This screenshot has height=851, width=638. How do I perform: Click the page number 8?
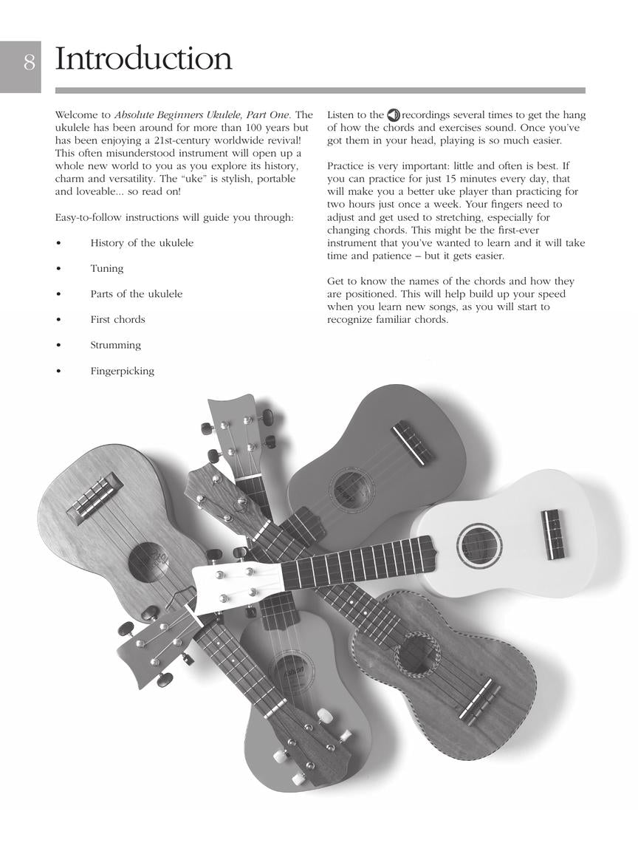click(x=29, y=62)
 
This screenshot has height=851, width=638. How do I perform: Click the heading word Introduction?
click(x=143, y=59)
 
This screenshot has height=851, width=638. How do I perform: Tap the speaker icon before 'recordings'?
click(x=394, y=115)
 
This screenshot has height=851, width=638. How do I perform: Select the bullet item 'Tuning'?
click(x=106, y=268)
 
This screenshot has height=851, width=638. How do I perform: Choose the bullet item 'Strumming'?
click(x=115, y=345)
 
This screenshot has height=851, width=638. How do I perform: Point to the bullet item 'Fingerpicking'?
click(x=122, y=371)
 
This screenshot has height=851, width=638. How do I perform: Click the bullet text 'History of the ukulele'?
click(x=141, y=242)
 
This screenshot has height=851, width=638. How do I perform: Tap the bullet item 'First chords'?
click(x=117, y=319)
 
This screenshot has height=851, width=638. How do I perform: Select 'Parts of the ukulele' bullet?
click(x=136, y=293)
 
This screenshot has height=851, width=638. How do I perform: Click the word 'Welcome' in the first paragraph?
click(x=75, y=115)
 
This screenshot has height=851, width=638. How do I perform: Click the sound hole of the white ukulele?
click(x=479, y=546)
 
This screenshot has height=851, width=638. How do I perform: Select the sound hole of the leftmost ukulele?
click(x=148, y=561)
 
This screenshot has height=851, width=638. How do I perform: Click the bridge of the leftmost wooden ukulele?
click(x=95, y=496)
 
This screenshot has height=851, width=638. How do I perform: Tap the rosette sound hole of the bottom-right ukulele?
click(x=418, y=654)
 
